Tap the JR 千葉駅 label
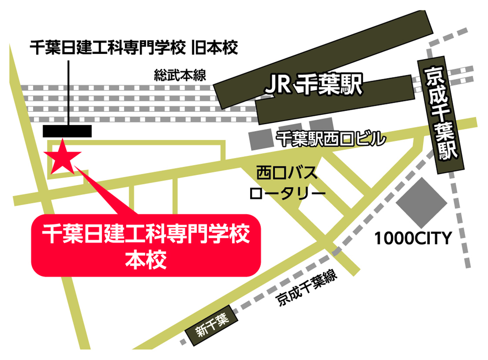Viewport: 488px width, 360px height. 313,86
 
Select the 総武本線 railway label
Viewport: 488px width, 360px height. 180,75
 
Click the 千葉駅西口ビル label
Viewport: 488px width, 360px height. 331,139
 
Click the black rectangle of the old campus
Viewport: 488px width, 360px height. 67,131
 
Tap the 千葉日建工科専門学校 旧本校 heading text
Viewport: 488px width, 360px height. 134,47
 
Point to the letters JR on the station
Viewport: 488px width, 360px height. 277,86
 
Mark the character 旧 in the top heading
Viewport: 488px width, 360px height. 200,47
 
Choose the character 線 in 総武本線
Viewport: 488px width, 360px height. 199,75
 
